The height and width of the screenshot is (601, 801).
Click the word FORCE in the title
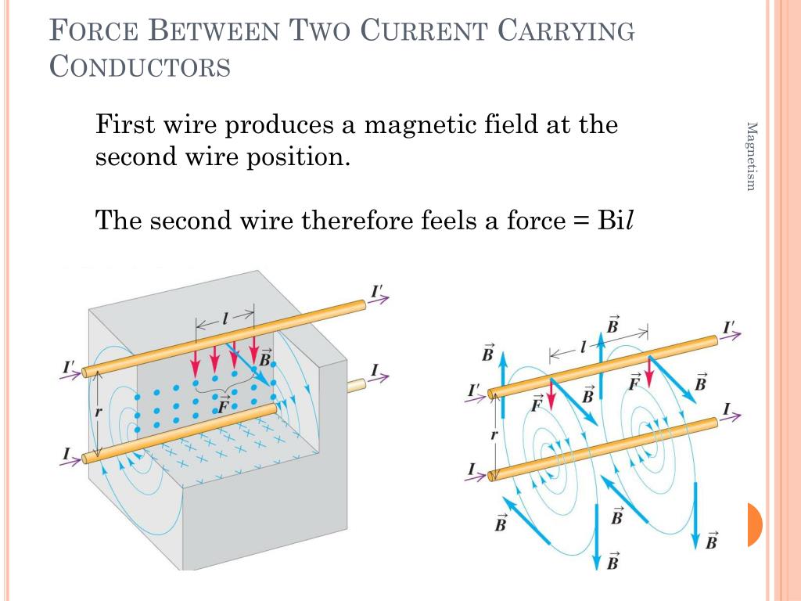tap(94, 31)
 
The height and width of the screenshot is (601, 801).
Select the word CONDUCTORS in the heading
tap(140, 67)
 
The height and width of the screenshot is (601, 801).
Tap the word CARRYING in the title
tap(566, 31)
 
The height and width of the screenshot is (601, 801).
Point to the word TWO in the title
tap(319, 31)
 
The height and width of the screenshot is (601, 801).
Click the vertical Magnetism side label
tap(751, 157)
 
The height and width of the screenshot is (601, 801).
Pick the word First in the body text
tap(125, 124)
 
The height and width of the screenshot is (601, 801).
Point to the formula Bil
tap(616, 221)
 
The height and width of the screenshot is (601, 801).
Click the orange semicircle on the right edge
tap(755, 524)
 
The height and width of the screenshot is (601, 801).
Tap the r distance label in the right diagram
tap(494, 435)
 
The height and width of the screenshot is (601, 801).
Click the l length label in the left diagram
tap(224, 319)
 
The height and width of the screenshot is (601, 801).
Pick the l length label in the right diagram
tap(583, 348)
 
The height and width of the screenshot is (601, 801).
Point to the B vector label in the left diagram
tap(265, 358)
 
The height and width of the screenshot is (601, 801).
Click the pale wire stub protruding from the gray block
tap(357, 385)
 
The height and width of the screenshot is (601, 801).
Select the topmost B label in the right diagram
tap(612, 325)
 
